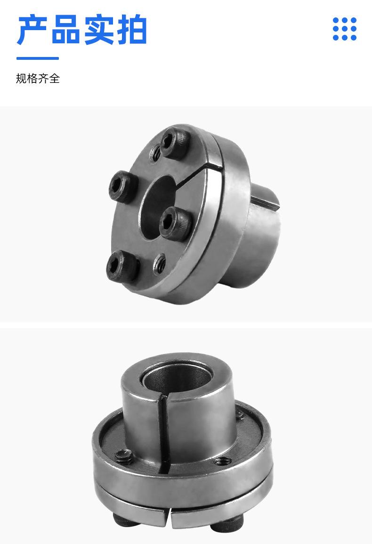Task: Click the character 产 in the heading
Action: tap(32, 30)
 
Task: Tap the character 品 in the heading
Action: tap(65, 30)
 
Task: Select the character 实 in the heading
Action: tap(98, 30)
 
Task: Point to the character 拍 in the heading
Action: tap(132, 30)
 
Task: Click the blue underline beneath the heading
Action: tap(38, 58)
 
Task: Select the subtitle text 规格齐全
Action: tap(38, 78)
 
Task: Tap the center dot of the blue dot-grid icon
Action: tap(345, 29)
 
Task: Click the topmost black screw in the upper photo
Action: tap(175, 142)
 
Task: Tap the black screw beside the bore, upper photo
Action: tap(176, 224)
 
